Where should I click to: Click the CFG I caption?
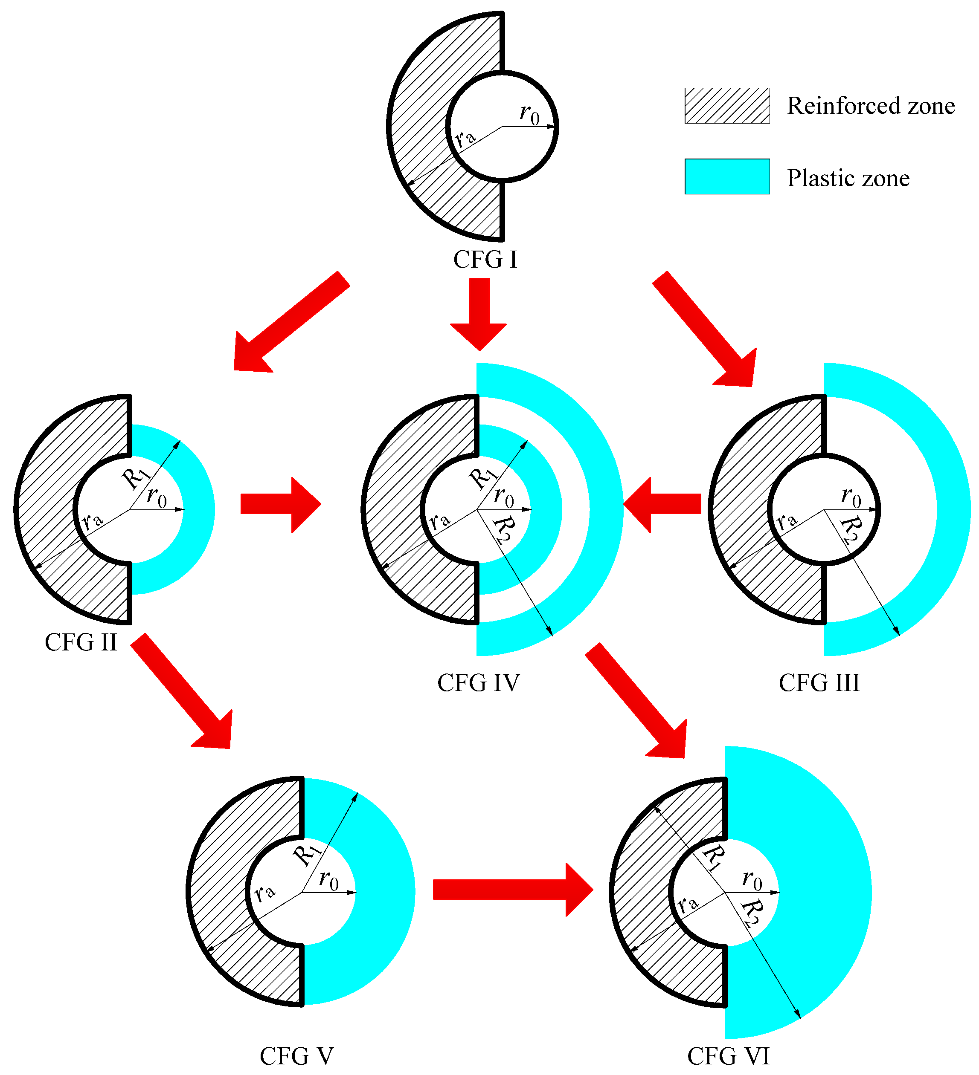[x=485, y=260]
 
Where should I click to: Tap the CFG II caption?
[x=81, y=642]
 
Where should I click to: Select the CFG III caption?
[x=819, y=683]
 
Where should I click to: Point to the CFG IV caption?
[x=478, y=683]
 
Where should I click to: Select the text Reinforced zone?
[x=871, y=106]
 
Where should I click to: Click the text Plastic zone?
[x=848, y=178]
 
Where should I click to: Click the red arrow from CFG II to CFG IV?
[x=280, y=504]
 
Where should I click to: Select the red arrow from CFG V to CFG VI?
[x=512, y=890]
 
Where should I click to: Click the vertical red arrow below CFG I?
[x=479, y=314]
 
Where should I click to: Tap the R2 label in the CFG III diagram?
[x=849, y=529]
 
